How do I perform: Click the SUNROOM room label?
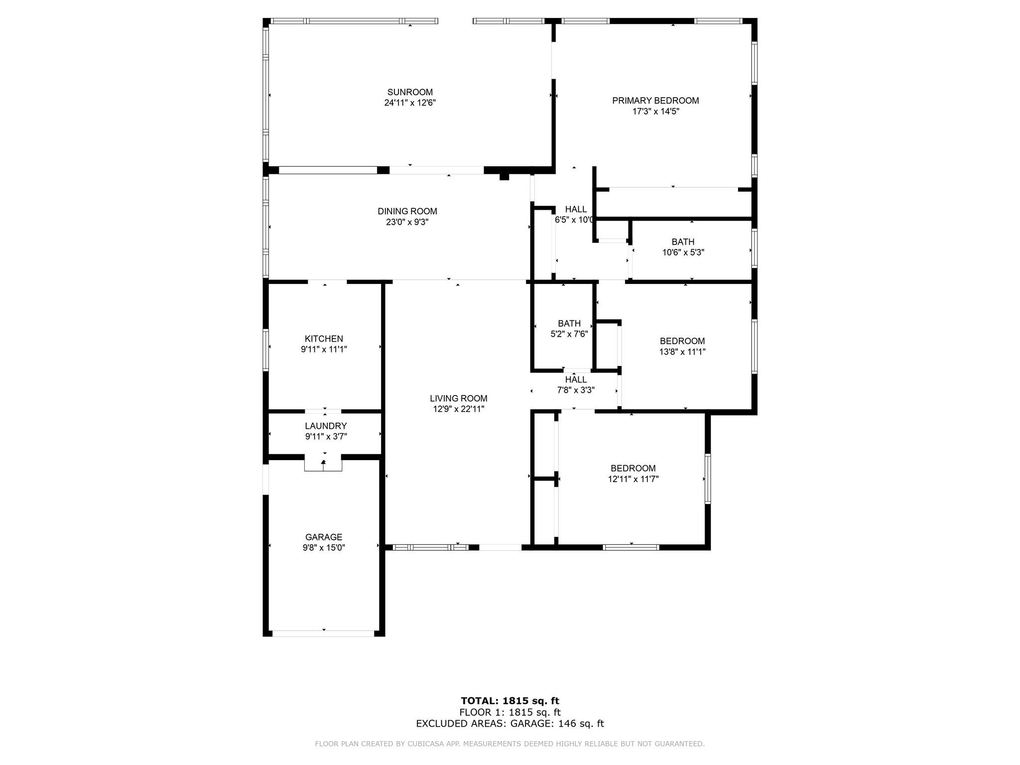pyautogui.click(x=410, y=92)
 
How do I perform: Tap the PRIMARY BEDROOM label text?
pyautogui.click(x=655, y=101)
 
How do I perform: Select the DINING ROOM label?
pyautogui.click(x=407, y=211)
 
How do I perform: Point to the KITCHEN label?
pyautogui.click(x=324, y=339)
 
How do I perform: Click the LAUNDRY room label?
pyautogui.click(x=326, y=426)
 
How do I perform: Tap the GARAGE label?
pyautogui.click(x=324, y=537)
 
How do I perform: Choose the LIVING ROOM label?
pyautogui.click(x=459, y=398)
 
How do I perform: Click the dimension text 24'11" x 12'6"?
pyautogui.click(x=410, y=103)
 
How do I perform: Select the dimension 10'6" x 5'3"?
pyautogui.click(x=683, y=253)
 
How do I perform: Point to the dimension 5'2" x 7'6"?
pyautogui.click(x=569, y=334)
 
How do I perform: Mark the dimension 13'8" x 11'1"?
pyautogui.click(x=682, y=352)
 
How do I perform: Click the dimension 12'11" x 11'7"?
pyautogui.click(x=633, y=479)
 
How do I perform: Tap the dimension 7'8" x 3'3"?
pyautogui.click(x=576, y=390)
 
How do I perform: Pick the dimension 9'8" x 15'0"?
pyautogui.click(x=324, y=548)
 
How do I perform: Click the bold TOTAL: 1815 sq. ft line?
pyautogui.click(x=510, y=701)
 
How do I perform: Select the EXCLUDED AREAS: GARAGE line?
pyautogui.click(x=510, y=724)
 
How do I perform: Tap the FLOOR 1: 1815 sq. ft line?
pyautogui.click(x=510, y=712)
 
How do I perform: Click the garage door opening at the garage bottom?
pyautogui.click(x=323, y=634)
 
